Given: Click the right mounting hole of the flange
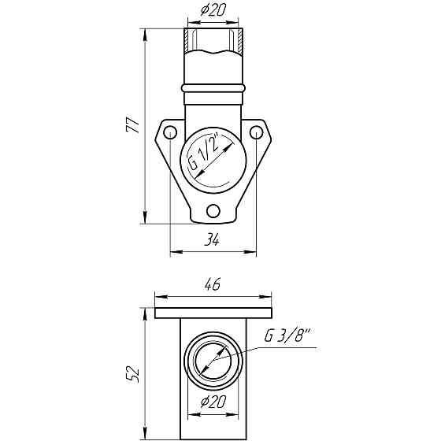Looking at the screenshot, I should click(254, 133).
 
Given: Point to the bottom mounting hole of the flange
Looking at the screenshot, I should click(213, 209).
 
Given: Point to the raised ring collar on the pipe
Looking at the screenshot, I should click(213, 87).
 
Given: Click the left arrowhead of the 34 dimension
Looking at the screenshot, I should click(174, 252).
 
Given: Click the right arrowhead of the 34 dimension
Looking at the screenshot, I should click(253, 252).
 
